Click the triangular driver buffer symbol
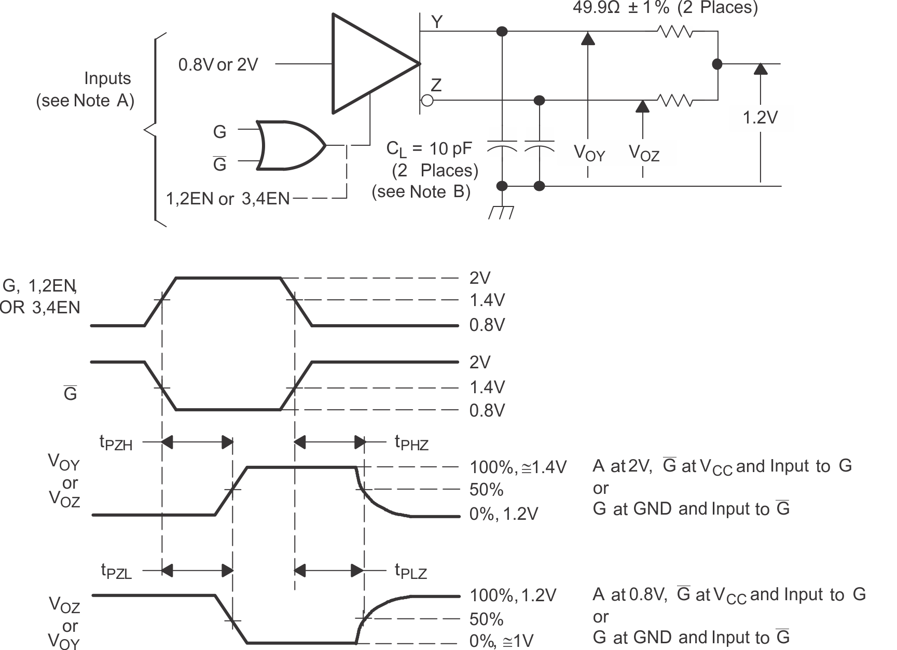[368, 64]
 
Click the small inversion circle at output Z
[427, 100]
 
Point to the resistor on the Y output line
[675, 32]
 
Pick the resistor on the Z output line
[675, 100]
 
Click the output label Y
[437, 22]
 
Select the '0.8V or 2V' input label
[218, 65]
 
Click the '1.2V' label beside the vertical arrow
[760, 118]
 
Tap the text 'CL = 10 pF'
[429, 149]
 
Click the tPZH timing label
[116, 443]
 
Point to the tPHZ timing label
[411, 442]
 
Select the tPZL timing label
[116, 572]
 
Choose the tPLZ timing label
[410, 572]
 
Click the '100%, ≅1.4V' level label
[518, 467]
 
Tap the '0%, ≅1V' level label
[501, 641]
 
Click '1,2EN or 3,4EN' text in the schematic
[227, 199]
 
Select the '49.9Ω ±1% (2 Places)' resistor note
[665, 8]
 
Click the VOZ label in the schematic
[644, 153]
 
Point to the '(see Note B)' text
[421, 192]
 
